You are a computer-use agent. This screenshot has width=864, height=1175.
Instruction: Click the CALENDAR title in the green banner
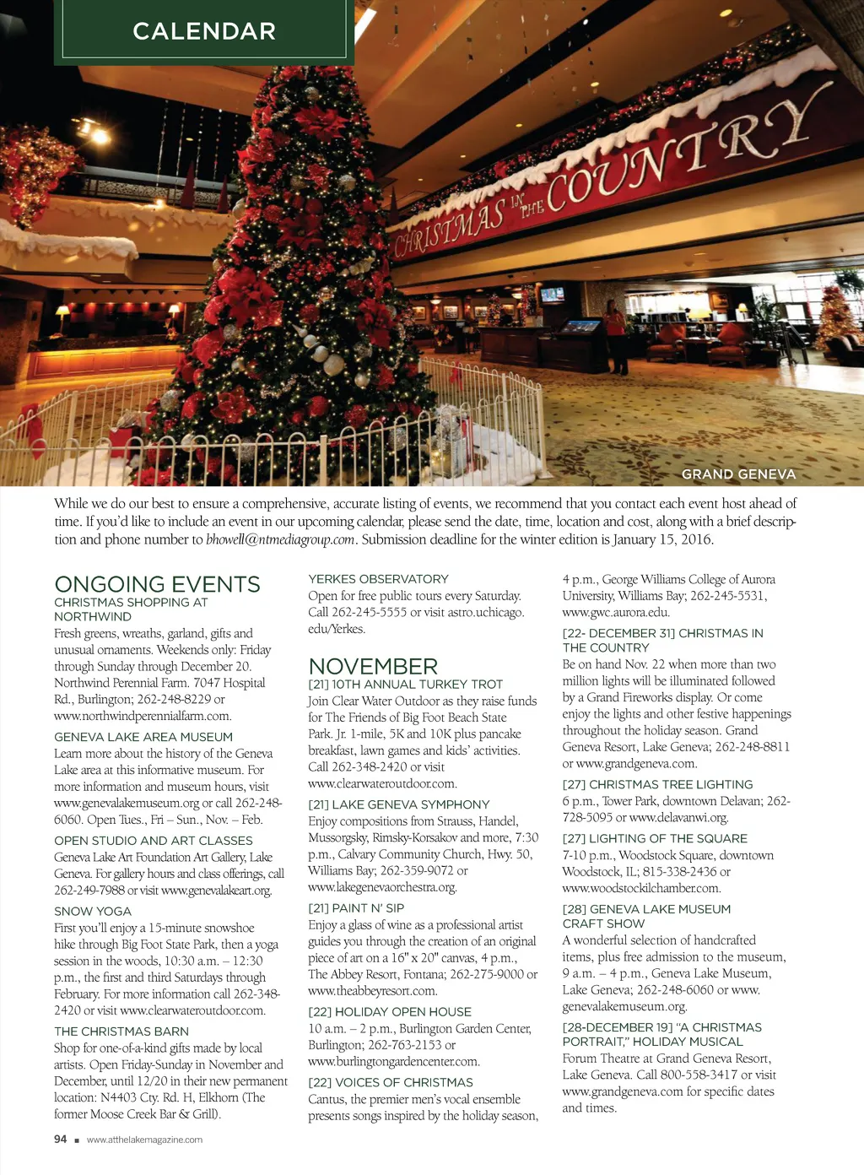(x=204, y=31)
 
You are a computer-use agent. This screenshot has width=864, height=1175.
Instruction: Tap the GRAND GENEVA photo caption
(x=738, y=474)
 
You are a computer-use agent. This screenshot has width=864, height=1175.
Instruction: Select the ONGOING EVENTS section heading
(x=157, y=584)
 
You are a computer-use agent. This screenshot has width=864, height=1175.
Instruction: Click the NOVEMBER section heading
(x=373, y=666)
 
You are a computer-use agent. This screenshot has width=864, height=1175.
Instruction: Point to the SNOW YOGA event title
(x=93, y=912)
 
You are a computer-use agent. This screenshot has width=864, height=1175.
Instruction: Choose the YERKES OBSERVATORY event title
(x=378, y=579)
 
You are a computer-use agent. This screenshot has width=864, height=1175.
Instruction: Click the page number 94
(x=60, y=1140)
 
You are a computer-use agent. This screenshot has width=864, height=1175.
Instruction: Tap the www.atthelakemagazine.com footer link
(x=144, y=1140)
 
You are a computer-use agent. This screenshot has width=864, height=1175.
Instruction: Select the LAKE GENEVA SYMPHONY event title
(x=398, y=804)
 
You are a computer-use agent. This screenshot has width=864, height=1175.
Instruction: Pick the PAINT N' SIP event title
(x=356, y=908)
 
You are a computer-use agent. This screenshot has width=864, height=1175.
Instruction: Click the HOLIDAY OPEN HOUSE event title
(x=390, y=1012)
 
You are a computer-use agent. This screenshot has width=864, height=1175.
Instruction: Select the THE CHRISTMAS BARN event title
(x=121, y=1032)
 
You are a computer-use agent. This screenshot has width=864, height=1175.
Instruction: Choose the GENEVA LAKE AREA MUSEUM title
(x=143, y=737)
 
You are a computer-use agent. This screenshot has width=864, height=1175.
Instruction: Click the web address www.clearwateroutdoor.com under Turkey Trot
(x=382, y=783)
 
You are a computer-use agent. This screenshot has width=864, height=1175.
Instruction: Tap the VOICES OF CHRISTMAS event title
(x=391, y=1082)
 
